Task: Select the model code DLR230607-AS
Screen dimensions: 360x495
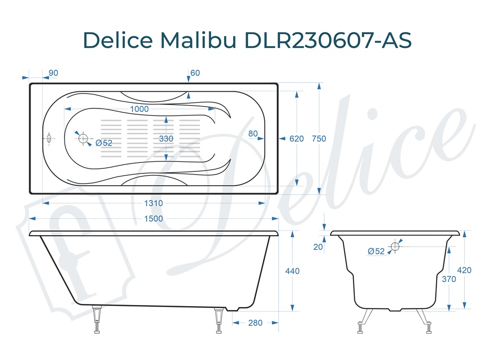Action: point(328,40)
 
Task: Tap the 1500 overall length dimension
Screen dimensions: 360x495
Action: point(153,219)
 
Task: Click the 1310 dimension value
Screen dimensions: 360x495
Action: point(154,203)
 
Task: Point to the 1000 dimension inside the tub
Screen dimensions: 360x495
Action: point(139,109)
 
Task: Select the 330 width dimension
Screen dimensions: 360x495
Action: point(166,139)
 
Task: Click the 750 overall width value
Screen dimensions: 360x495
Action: point(319,139)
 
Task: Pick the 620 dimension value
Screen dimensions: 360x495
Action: point(297,139)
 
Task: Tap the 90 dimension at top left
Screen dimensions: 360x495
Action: point(53,73)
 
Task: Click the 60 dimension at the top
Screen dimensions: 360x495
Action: point(195,73)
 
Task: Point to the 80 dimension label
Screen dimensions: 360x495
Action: point(253,133)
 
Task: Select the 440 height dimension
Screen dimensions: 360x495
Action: point(293,271)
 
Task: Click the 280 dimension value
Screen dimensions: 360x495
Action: point(255,323)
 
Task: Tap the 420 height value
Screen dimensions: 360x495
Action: point(464,270)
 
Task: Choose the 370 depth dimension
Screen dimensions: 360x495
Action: point(449,279)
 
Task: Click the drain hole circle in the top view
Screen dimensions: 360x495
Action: point(83,138)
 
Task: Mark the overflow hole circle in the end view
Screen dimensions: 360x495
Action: point(396,246)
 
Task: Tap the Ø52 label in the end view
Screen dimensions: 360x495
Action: point(376,252)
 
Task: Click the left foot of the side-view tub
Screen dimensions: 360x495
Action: point(98,320)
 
